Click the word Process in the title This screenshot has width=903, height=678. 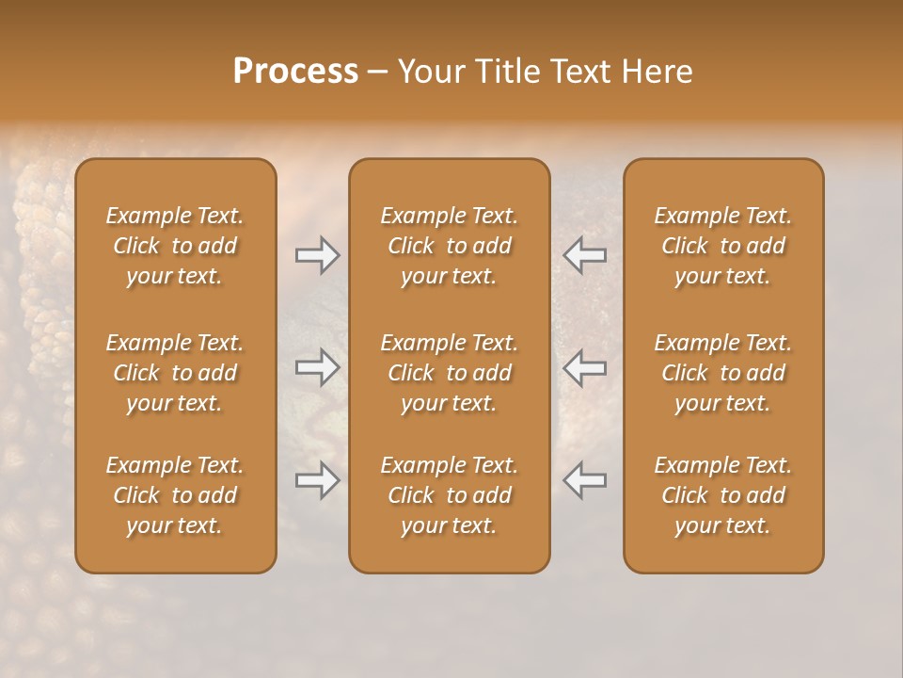pyautogui.click(x=295, y=72)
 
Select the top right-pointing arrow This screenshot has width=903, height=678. pyautogui.click(x=317, y=255)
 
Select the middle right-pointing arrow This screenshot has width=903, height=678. pyautogui.click(x=317, y=368)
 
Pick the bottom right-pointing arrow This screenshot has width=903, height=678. pyautogui.click(x=317, y=481)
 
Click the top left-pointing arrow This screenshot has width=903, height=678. pyautogui.click(x=585, y=255)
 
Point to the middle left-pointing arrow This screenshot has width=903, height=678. pyautogui.click(x=585, y=368)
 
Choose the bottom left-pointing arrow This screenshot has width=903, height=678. pyautogui.click(x=585, y=481)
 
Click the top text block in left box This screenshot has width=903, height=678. pyautogui.click(x=175, y=246)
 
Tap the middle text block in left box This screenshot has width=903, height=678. pyautogui.click(x=175, y=373)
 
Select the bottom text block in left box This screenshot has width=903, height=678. pyautogui.click(x=175, y=495)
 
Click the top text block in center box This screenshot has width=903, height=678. pyautogui.click(x=449, y=246)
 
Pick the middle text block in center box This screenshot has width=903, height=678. pyautogui.click(x=449, y=373)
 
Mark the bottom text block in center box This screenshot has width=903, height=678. pyautogui.click(x=449, y=495)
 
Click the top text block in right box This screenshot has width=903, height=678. pyautogui.click(x=722, y=246)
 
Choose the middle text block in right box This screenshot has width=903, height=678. pyautogui.click(x=722, y=373)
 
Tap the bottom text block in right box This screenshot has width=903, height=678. pyautogui.click(x=722, y=495)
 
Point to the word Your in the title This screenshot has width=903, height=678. pyautogui.click(x=430, y=72)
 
